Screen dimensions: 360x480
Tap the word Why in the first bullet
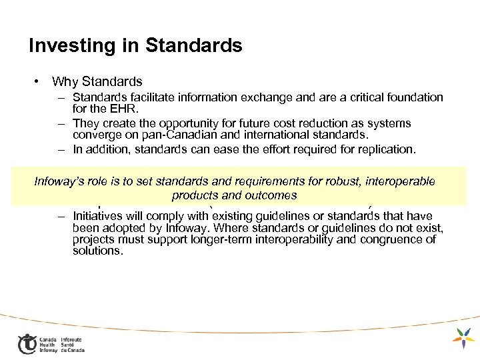65,82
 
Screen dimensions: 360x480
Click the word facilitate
149,97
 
